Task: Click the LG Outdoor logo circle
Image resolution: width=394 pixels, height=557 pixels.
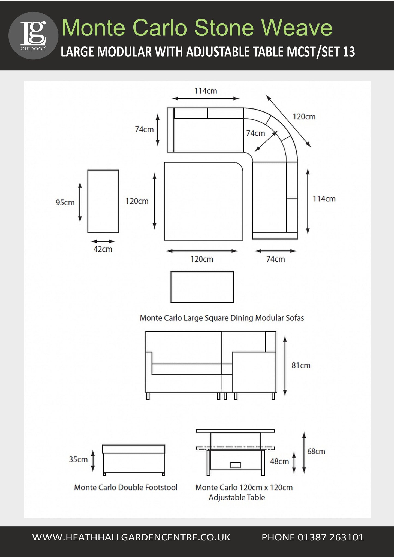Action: point(33,35)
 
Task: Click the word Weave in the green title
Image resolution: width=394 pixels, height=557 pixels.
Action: point(297,28)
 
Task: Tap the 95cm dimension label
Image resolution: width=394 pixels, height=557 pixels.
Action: point(65,202)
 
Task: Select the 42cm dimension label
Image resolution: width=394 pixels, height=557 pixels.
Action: point(103,249)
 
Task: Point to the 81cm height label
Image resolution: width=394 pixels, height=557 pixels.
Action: point(301,365)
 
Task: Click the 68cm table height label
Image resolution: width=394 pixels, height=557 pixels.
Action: point(316,451)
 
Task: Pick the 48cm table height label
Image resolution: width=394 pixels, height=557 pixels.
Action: point(279,461)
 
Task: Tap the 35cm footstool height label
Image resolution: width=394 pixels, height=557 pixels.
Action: point(78,459)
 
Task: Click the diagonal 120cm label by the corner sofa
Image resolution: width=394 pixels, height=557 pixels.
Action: point(304,117)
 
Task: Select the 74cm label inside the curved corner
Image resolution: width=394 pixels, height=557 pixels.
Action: point(255,133)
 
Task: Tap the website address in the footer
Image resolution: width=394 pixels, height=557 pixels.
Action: point(131,537)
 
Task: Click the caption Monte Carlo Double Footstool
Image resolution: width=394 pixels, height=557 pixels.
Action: point(126,487)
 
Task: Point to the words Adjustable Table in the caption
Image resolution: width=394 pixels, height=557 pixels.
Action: point(237,497)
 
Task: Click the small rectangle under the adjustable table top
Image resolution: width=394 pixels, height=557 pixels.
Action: point(235,465)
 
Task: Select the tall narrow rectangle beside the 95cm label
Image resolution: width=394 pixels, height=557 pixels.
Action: point(103,201)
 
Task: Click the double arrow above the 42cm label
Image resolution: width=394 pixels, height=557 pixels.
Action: point(103,241)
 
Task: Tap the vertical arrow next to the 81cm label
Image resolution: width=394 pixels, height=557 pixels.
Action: point(285,366)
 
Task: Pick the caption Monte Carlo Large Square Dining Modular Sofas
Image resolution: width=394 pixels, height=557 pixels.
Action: point(222,318)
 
